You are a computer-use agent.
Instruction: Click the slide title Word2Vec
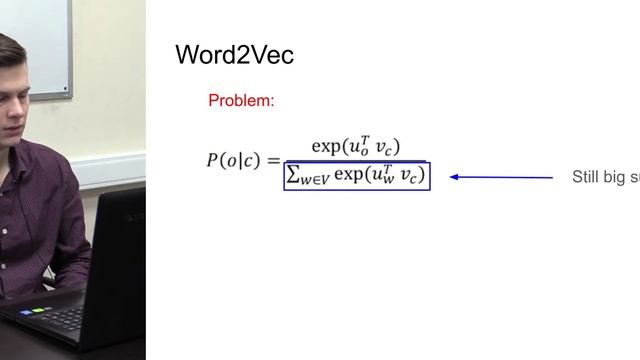234,55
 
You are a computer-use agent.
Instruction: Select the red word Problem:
241,101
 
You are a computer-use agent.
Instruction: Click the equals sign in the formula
272,160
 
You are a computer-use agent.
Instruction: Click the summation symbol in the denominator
294,176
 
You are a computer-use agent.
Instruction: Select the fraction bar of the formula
355,161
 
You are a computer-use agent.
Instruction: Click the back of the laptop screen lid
120,260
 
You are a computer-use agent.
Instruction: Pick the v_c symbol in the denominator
411,177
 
